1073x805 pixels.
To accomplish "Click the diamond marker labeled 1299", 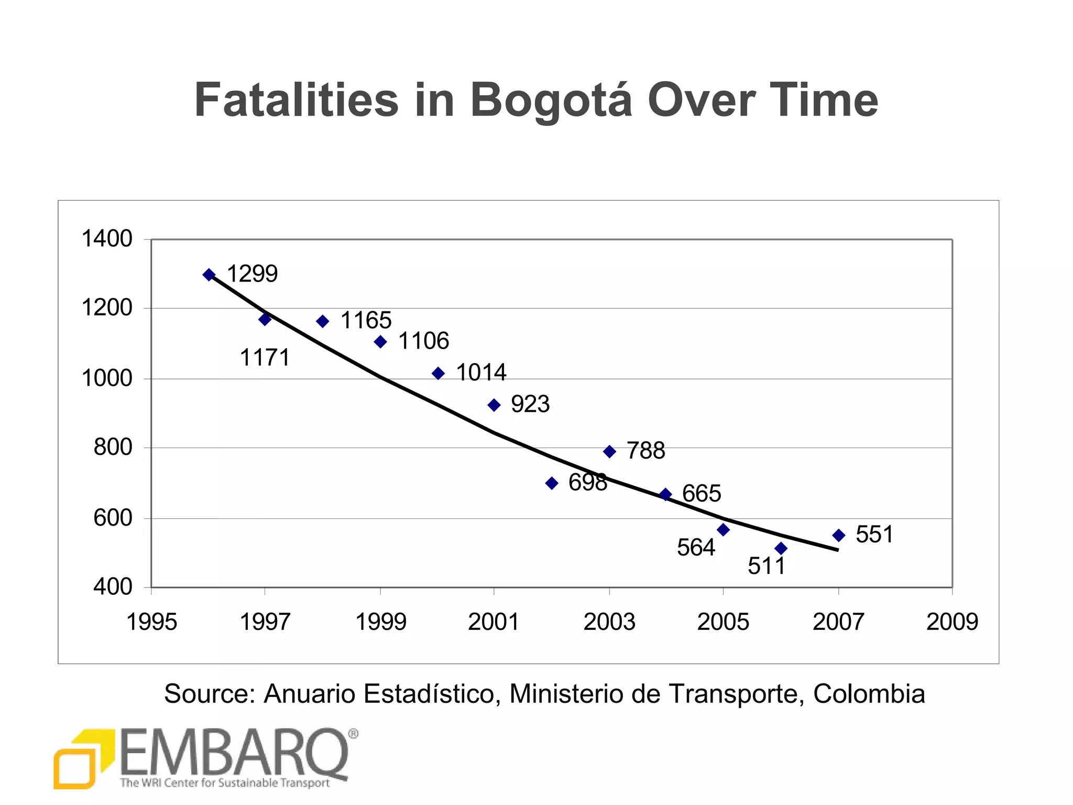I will (x=209, y=275).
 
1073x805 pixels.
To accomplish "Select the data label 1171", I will (x=265, y=358).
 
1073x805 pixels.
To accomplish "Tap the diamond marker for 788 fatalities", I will (x=609, y=451).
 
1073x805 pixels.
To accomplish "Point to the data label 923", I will (x=530, y=404).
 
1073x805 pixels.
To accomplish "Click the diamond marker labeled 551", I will (x=838, y=535).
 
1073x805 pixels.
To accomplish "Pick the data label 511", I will (x=767, y=566).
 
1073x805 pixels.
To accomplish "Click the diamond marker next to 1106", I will (x=380, y=342).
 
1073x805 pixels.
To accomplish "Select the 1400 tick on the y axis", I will (x=107, y=239).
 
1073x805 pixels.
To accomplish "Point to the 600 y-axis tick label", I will (x=113, y=518).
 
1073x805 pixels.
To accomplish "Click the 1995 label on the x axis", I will (x=152, y=622).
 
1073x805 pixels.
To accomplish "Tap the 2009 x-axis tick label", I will (x=952, y=622).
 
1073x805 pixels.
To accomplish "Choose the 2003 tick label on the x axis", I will (x=609, y=622).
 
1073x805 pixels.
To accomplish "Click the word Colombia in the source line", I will (x=869, y=694).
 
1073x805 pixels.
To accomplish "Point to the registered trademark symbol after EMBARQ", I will (x=353, y=734).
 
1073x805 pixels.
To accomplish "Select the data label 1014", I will (x=481, y=373).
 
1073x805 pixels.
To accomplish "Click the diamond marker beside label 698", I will (x=552, y=483).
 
